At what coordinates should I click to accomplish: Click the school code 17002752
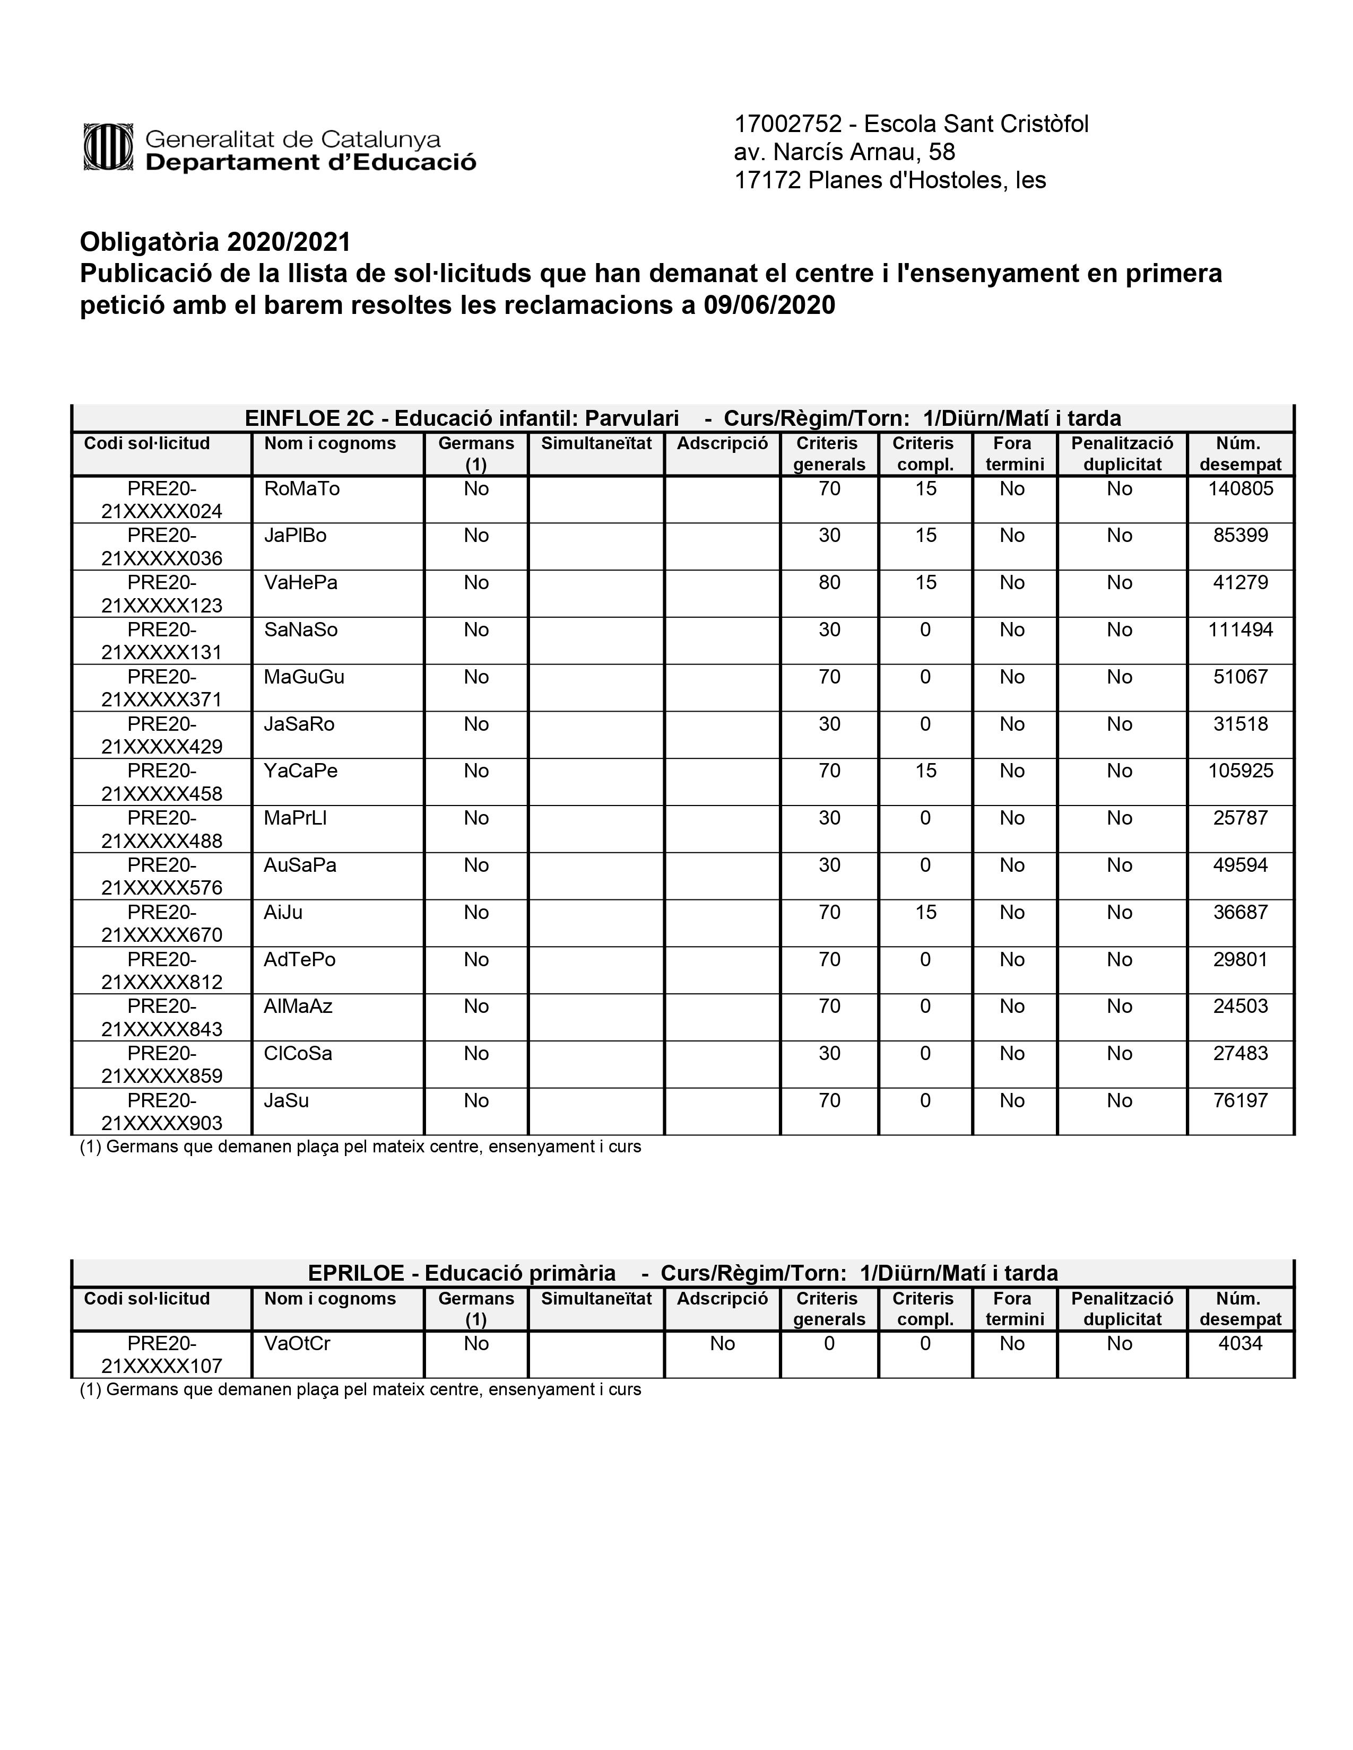pyautogui.click(x=788, y=124)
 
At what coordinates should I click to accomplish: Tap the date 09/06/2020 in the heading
pyautogui.click(x=769, y=305)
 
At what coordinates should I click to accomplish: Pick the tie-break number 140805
pyautogui.click(x=1240, y=489)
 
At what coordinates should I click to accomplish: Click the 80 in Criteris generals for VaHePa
pyautogui.click(x=829, y=582)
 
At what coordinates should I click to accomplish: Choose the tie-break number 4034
pyautogui.click(x=1240, y=1344)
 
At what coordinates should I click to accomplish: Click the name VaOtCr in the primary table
pyautogui.click(x=297, y=1344)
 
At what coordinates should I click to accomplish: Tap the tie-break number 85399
pyautogui.click(x=1240, y=535)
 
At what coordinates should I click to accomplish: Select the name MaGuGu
pyautogui.click(x=304, y=677)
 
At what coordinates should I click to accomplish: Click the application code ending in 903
pyautogui.click(x=162, y=1112)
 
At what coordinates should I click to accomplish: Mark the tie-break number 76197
pyautogui.click(x=1240, y=1100)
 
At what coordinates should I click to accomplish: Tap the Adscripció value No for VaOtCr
pyautogui.click(x=722, y=1344)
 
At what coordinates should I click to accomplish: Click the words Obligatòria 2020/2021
pyautogui.click(x=215, y=242)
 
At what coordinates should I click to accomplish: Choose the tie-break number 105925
pyautogui.click(x=1240, y=771)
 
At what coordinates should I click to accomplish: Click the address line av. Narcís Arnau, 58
pyautogui.click(x=844, y=152)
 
